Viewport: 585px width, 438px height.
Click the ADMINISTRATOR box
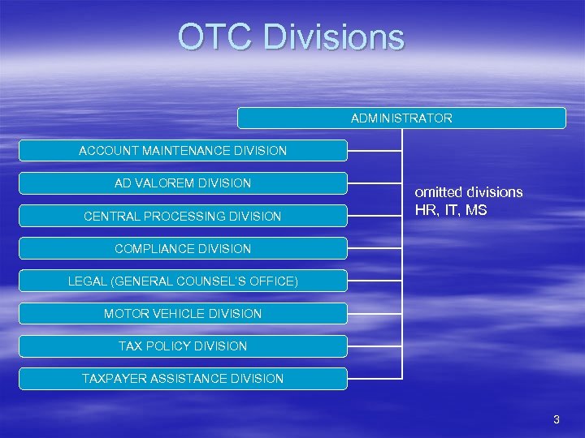coord(401,118)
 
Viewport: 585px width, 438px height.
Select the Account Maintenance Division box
coord(183,151)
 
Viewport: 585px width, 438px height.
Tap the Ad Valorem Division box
coord(183,183)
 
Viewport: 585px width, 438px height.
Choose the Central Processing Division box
coord(183,216)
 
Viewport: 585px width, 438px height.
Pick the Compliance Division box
coord(183,248)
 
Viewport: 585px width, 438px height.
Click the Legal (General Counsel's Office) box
coord(183,281)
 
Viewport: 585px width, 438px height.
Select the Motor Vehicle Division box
coord(183,313)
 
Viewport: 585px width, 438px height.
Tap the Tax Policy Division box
coord(183,346)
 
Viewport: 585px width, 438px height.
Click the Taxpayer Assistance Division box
coord(183,378)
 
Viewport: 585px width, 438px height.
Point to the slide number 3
coord(556,419)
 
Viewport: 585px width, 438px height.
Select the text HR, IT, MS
coord(451,211)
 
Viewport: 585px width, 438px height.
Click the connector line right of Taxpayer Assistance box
coord(375,378)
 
